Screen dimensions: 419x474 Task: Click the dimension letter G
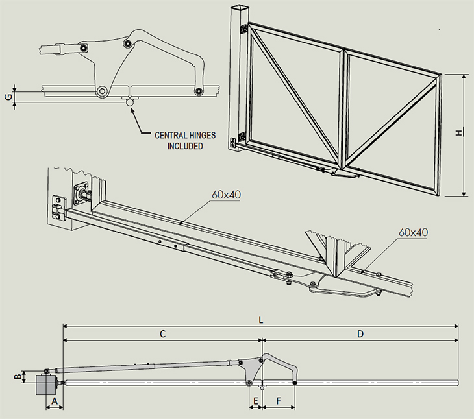(8, 97)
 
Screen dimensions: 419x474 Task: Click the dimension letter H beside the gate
(458, 133)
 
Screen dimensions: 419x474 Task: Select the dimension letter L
(260, 320)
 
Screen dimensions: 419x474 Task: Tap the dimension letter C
(163, 334)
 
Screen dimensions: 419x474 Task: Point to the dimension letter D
(360, 334)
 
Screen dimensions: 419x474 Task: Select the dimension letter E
(255, 402)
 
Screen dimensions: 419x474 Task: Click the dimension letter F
(279, 402)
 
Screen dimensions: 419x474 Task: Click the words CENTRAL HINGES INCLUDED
(184, 141)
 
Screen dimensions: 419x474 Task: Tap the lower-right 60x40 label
(414, 232)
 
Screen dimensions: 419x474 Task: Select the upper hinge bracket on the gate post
(242, 29)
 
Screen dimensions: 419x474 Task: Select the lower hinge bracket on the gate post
(242, 138)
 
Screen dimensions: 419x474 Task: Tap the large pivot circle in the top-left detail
(101, 91)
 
